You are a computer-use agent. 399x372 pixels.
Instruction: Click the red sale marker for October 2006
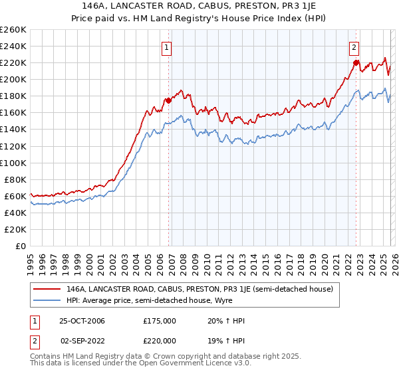point(169,100)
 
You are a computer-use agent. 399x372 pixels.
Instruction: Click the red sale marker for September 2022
point(356,63)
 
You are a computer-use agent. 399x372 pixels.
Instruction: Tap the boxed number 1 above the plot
point(166,47)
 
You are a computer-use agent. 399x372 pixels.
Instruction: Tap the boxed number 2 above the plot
point(354,47)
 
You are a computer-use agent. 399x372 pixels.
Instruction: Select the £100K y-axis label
point(13,163)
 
